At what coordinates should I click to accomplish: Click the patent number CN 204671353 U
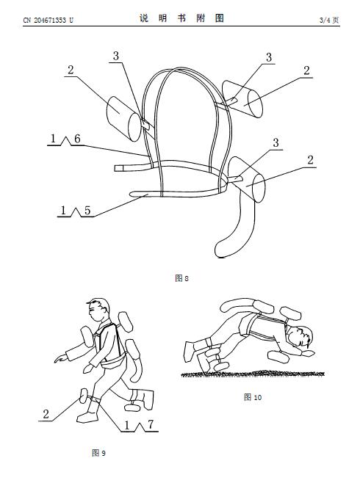coord(48,21)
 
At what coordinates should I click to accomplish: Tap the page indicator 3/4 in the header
coord(325,21)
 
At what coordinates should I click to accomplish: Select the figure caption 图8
coord(181,278)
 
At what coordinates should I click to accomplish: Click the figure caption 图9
coord(98,453)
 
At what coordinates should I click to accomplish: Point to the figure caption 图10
coord(253,397)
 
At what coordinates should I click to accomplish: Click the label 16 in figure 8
coord(65,139)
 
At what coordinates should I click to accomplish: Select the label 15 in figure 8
coord(76,210)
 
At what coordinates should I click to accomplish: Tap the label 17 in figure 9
coord(139,425)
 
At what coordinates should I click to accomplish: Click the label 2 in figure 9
coord(46,414)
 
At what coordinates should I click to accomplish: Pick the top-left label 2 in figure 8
coord(71,70)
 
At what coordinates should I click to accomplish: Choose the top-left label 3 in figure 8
coord(116,56)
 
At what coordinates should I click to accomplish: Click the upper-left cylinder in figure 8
coord(123,119)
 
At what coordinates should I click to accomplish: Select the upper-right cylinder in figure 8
coord(242,99)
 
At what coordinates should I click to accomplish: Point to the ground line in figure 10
coord(253,374)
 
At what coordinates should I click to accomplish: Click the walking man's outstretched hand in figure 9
coord(61,358)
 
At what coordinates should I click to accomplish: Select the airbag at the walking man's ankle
coord(84,396)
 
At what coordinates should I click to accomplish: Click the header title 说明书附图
coord(182,18)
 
